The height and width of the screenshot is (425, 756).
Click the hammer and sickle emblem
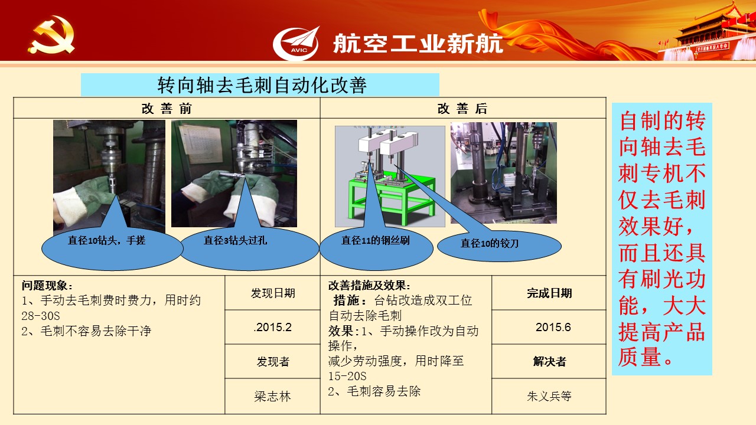tap(51, 35)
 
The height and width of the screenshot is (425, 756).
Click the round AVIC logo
tap(296, 44)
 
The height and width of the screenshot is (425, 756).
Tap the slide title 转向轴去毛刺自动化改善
tap(262, 85)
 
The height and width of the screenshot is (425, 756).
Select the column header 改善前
tap(167, 109)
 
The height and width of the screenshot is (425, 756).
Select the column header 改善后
tap(462, 109)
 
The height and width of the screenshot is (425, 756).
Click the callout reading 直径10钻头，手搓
tap(112, 249)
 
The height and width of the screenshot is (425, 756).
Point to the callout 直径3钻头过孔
tap(249, 249)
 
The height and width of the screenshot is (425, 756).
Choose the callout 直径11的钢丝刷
tap(376, 249)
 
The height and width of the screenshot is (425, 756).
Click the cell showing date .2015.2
tap(273, 327)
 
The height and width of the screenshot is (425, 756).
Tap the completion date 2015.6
tap(553, 327)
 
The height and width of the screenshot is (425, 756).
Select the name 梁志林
tap(273, 396)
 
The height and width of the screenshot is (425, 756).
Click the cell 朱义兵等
tap(549, 396)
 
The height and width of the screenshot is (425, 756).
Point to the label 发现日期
tap(273, 293)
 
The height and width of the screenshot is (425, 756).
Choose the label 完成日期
tap(549, 293)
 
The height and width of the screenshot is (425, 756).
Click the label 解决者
tap(549, 362)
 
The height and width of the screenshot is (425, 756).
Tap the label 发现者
tap(273, 362)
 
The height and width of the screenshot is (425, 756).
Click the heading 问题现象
tap(47, 286)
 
